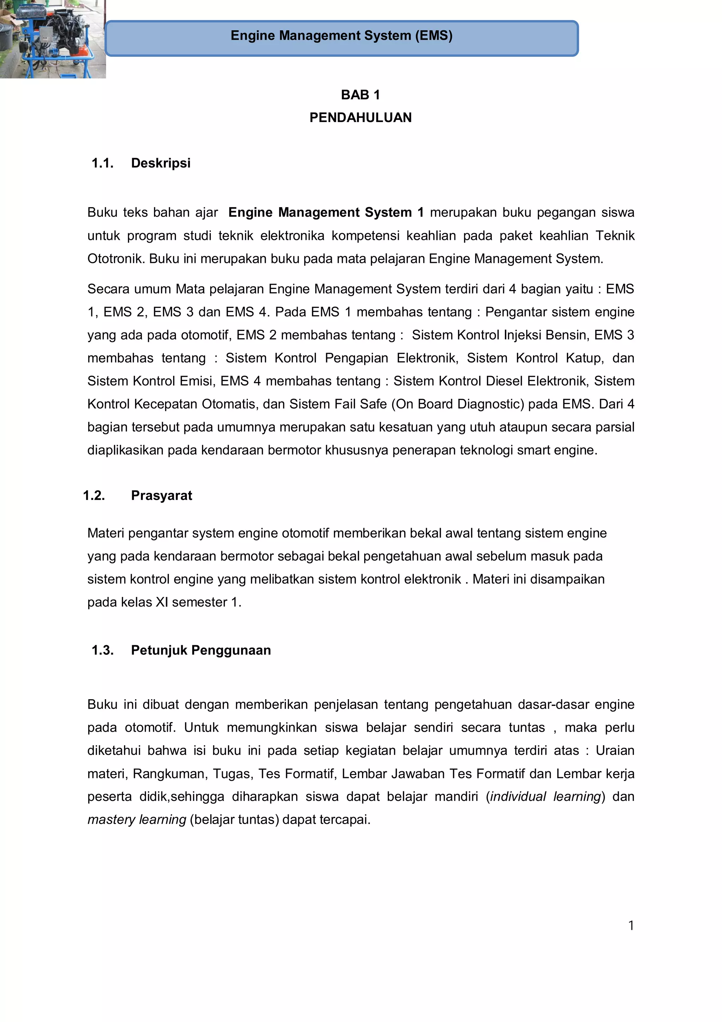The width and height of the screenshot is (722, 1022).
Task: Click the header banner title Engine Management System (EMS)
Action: [x=341, y=36]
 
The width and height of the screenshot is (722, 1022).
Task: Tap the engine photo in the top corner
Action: [x=53, y=39]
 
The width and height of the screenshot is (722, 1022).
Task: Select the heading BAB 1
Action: [x=360, y=95]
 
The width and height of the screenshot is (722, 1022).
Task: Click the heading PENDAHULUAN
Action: [x=360, y=117]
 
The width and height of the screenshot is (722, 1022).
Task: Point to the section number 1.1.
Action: [x=102, y=163]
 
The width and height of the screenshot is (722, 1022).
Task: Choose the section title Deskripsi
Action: [x=161, y=163]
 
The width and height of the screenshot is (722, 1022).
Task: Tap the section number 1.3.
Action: [x=102, y=650]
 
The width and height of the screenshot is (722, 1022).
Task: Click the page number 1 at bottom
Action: [x=631, y=926]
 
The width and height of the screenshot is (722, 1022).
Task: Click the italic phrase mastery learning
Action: [x=136, y=820]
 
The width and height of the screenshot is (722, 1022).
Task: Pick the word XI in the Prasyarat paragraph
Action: [x=161, y=602]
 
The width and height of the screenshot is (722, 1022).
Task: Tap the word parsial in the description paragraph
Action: [x=616, y=427]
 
